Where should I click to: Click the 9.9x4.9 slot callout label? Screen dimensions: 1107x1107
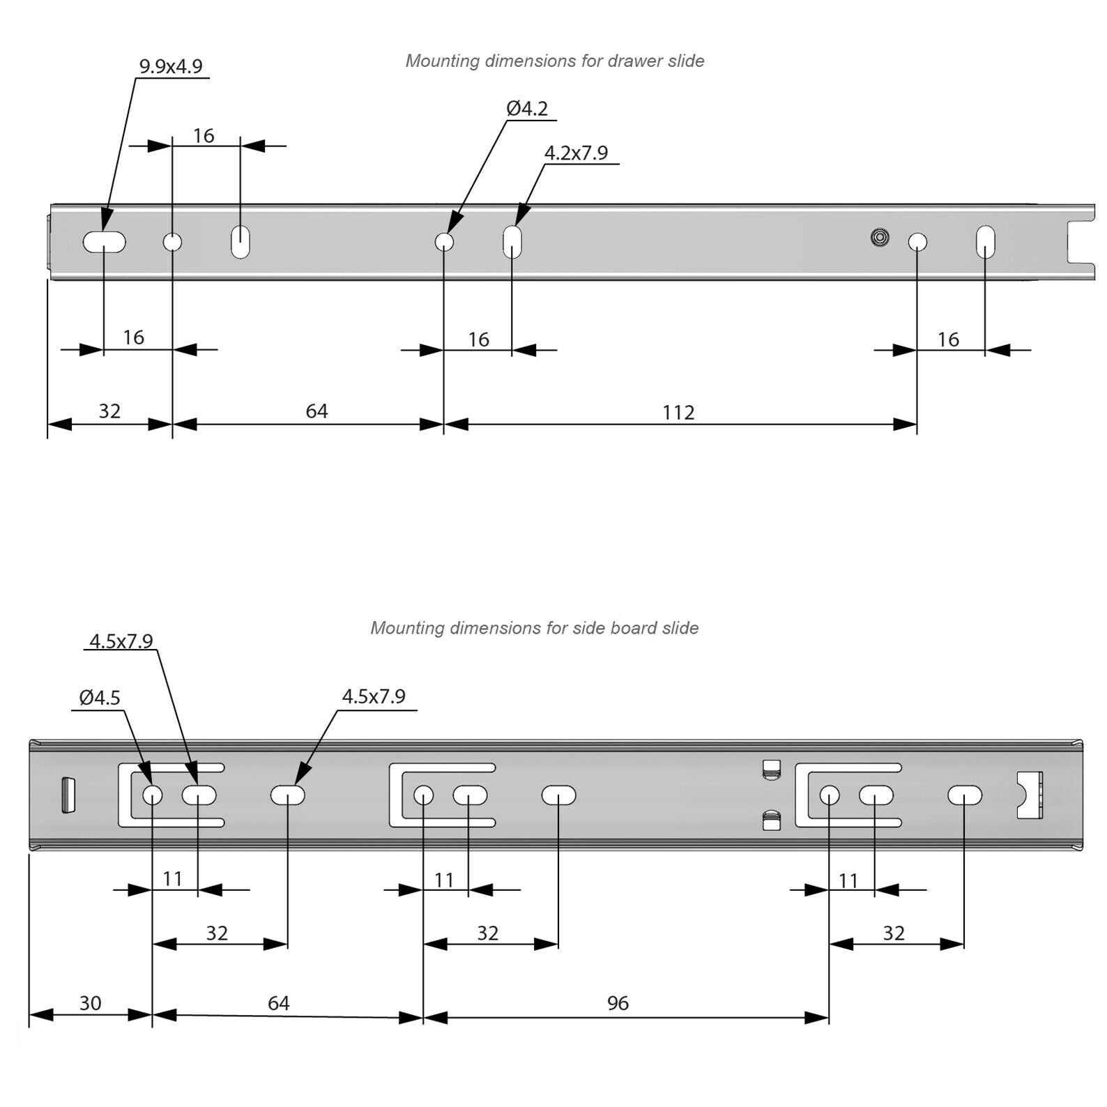171,66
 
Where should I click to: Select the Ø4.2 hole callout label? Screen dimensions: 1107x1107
527,109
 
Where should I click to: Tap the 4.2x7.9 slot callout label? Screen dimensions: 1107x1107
576,153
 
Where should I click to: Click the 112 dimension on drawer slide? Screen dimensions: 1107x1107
678,413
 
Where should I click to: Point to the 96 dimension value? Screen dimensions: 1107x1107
618,1003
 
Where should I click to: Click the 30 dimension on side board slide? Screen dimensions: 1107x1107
90,1003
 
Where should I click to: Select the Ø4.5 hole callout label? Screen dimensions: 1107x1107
100,697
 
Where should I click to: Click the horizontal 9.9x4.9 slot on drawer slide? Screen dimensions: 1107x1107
105,243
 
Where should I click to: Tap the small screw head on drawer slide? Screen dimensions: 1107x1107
880,238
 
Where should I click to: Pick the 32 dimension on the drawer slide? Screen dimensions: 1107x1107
109,411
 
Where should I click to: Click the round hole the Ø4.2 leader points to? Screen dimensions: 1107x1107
444,243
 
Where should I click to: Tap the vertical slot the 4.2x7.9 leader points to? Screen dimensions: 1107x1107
512,242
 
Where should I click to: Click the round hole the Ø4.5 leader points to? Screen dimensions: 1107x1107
152,795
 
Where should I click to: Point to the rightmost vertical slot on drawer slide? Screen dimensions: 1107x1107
985,242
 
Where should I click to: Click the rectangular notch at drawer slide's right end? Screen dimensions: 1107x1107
1080,243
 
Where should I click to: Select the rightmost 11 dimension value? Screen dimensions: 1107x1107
848,881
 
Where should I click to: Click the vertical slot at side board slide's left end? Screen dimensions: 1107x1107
68,795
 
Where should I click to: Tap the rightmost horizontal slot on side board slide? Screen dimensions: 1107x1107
965,795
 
